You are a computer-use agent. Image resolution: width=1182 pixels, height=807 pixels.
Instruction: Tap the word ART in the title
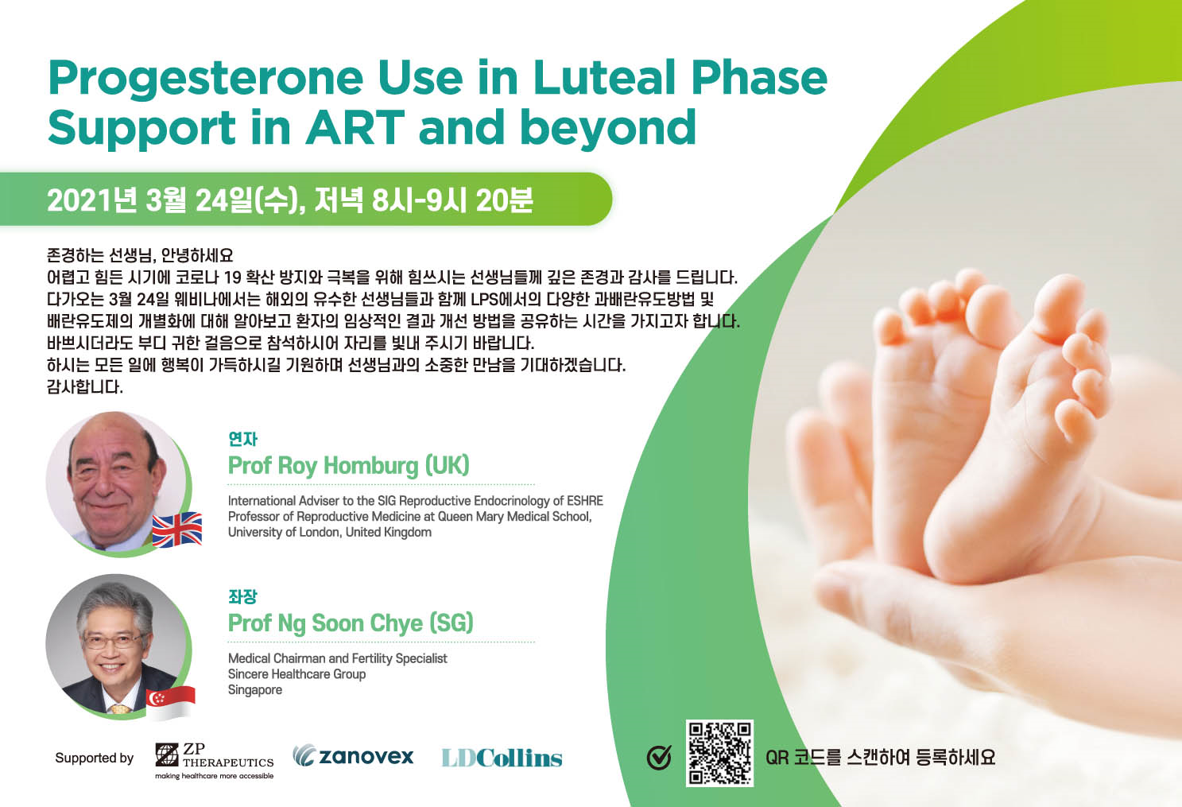pos(355,127)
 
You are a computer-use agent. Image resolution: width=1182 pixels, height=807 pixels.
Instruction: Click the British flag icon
pos(177,530)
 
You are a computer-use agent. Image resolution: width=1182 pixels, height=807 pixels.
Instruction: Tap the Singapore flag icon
pos(170,703)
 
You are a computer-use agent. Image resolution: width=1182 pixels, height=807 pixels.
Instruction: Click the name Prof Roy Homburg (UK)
pos(348,466)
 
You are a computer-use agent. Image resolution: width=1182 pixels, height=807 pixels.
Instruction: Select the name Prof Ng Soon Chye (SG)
pos(351,623)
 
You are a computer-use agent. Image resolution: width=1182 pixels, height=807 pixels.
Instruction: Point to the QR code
pos(719,753)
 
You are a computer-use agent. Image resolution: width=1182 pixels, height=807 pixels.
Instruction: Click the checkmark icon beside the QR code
pos(659,758)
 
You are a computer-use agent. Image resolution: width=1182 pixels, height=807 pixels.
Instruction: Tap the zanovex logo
pos(353,756)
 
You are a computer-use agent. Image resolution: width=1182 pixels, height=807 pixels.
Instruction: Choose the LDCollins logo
pos(502,759)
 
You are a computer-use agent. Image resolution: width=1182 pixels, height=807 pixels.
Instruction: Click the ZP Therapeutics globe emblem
pos(167,755)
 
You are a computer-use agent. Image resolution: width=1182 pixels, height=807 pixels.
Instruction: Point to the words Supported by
pos(95,758)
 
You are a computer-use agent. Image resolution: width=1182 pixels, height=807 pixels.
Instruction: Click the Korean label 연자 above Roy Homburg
pos(242,439)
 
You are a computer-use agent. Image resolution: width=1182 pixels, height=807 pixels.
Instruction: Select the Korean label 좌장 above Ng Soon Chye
pos(242,596)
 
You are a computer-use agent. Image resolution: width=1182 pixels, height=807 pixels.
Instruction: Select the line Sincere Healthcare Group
pos(296,674)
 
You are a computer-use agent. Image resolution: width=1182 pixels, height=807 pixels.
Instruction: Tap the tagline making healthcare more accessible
pos(215,776)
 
